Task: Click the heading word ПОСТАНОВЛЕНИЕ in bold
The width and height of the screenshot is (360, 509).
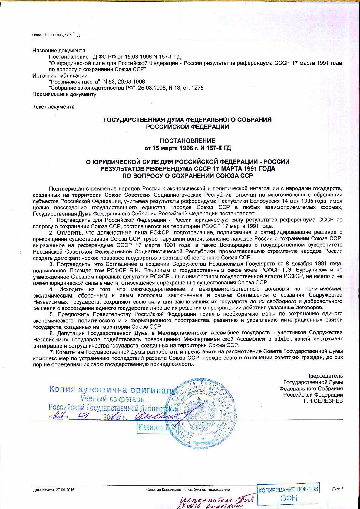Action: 187,141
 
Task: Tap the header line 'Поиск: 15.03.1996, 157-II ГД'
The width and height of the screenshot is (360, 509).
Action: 56,35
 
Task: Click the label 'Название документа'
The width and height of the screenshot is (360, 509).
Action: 59,51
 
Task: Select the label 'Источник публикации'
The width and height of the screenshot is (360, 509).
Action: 60,75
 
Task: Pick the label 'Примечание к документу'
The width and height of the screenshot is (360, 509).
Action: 64,94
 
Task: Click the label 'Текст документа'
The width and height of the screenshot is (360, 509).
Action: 53,107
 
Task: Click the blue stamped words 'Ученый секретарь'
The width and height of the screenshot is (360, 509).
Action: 112,399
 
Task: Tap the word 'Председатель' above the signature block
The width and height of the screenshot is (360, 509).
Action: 324,376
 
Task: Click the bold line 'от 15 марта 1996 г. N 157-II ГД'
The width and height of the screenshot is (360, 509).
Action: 187,148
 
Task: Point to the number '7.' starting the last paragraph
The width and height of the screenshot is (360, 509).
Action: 51,352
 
